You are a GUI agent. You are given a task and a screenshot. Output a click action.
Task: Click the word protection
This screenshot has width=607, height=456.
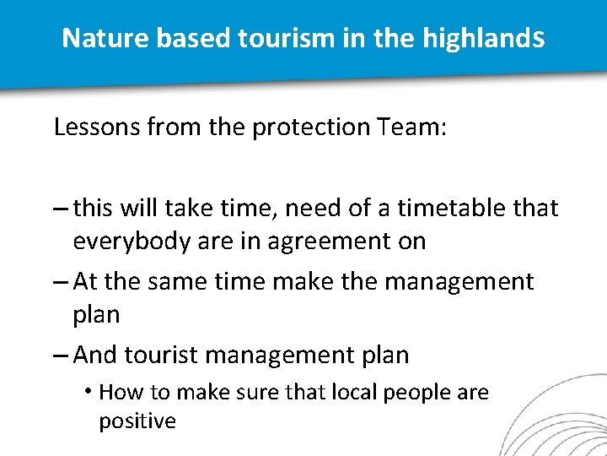311,128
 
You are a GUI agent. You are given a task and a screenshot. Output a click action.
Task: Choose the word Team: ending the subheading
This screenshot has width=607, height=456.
413,128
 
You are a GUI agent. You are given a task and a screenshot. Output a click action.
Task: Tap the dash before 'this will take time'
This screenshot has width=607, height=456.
61,208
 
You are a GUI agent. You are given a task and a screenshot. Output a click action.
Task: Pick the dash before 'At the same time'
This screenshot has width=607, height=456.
61,281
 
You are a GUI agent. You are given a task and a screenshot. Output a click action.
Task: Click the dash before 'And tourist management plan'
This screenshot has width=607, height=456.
61,356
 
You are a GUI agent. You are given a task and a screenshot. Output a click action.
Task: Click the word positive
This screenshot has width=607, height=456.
137,420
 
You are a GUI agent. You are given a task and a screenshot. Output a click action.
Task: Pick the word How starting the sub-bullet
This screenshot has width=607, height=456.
117,393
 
